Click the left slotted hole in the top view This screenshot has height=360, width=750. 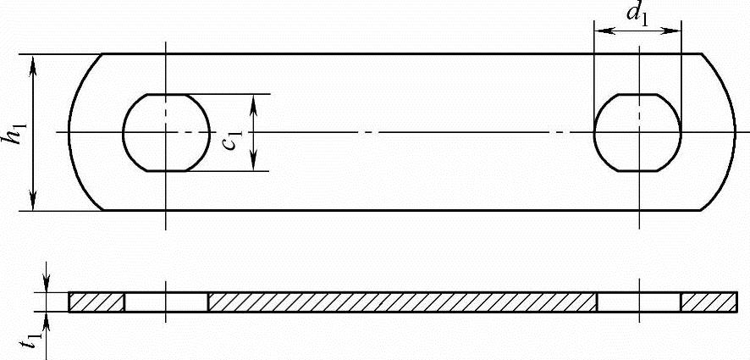tap(166, 132)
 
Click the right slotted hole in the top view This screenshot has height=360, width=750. tap(637, 132)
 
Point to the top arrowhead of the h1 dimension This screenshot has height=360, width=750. tap(34, 60)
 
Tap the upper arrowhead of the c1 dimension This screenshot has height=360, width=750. tap(254, 99)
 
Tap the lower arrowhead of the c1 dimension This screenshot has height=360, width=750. tap(254, 166)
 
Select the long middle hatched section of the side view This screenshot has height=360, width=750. tap(402, 302)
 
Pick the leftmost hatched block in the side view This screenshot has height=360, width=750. tap(96, 302)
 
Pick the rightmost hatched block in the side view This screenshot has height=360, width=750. tap(708, 302)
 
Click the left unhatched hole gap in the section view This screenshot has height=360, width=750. tap(166, 302)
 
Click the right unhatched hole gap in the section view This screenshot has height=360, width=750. tap(638, 302)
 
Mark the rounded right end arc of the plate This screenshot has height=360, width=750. tap(733, 132)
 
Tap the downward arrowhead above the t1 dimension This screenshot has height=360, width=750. tap(47, 287)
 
